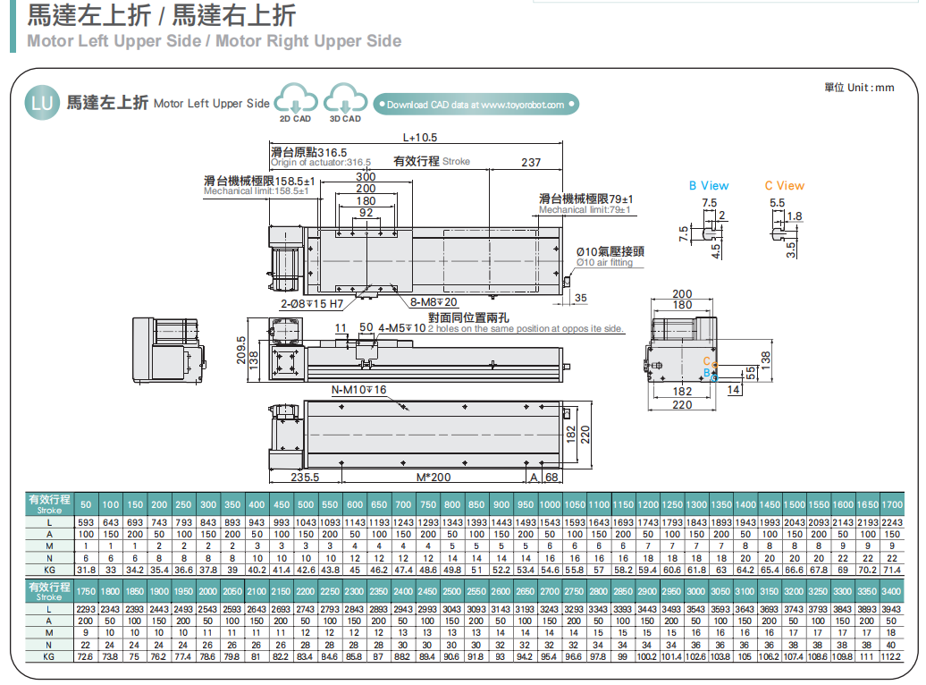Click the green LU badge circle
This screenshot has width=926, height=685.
tap(42, 103)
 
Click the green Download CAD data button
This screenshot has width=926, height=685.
tap(476, 105)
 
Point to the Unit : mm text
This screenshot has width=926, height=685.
tap(858, 88)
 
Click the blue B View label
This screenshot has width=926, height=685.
tap(709, 186)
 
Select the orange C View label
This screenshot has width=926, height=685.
tap(784, 186)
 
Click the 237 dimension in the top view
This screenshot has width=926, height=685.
tap(530, 162)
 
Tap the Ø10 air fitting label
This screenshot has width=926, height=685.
tap(610, 256)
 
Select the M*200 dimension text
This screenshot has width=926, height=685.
tap(434, 477)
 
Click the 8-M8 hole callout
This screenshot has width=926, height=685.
tap(434, 302)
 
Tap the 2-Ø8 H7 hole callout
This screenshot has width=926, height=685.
tap(312, 303)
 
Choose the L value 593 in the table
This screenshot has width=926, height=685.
tap(86, 522)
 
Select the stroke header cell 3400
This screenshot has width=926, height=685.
tap(891, 592)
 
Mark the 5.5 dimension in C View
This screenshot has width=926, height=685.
tap(777, 203)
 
